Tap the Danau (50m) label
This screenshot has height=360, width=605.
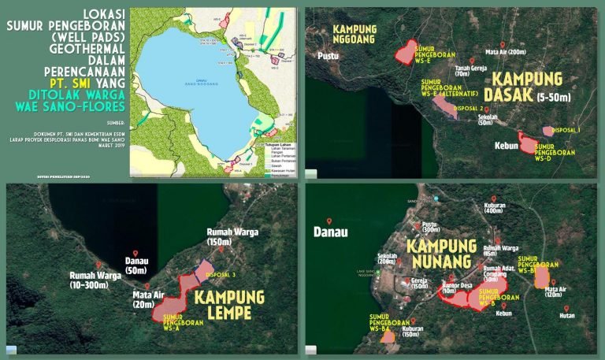coord(137,265)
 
